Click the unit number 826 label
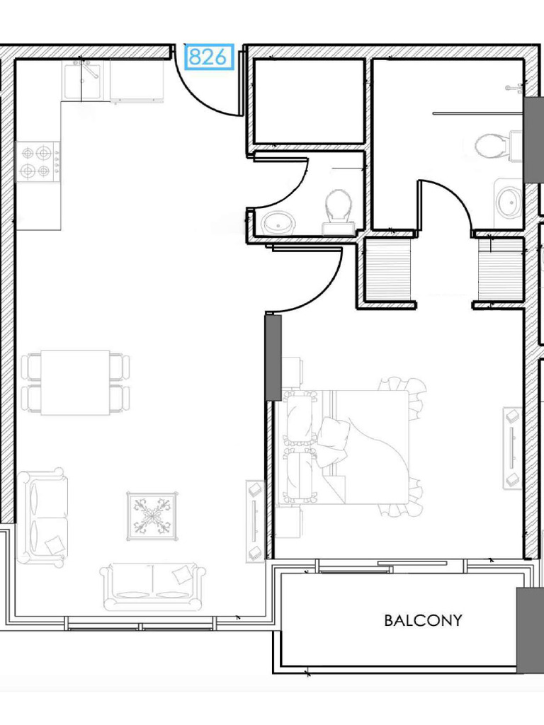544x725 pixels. pos(208,57)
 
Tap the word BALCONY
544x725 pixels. pos(423,620)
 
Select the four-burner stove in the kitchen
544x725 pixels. pos(38,162)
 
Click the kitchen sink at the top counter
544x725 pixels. pos(81,81)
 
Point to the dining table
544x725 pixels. pos(75,383)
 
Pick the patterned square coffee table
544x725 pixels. pos(152,516)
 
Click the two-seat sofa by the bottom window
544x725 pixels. pos(153,586)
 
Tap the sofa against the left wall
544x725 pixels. pos(42,517)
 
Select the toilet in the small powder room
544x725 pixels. pos(339,212)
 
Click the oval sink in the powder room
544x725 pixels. pos(278,223)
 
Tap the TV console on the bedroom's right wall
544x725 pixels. pos(513,447)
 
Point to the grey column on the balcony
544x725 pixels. pos(530,629)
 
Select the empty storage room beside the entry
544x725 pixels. pos(310,101)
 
